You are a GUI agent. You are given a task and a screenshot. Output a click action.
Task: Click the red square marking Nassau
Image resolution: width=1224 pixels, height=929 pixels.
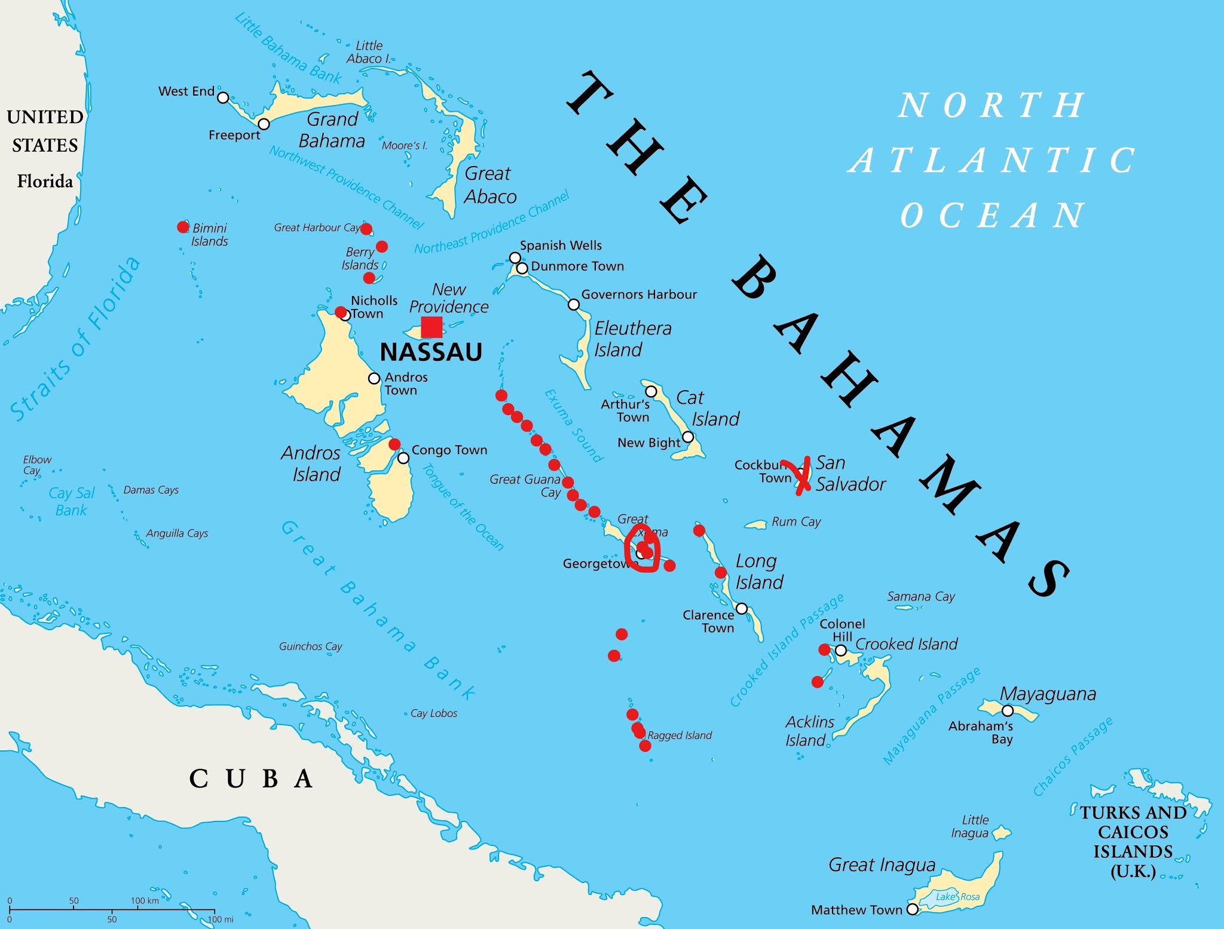432,327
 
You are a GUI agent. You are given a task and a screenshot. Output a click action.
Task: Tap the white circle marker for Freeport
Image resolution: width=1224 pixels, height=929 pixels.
264,124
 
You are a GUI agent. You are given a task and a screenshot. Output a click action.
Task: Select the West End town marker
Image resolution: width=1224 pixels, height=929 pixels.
223,97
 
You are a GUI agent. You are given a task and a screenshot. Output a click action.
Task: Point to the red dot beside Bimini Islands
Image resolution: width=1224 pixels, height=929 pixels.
183,227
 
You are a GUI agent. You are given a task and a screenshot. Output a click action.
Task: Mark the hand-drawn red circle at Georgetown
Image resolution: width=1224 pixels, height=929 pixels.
642,553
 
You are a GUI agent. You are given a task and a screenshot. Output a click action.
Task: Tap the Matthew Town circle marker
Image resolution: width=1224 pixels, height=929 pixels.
912,909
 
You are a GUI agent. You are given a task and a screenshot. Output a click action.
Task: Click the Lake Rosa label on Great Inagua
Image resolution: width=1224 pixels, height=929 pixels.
957,896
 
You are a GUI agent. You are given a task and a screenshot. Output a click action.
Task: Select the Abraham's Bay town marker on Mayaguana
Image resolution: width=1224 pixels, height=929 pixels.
1008,710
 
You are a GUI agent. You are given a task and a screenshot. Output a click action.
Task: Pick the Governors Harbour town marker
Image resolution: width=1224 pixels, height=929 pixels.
573,305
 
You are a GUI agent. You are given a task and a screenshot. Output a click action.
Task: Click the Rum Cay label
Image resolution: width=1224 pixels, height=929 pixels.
796,522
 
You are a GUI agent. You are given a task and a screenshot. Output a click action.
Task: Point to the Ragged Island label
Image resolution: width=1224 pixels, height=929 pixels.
680,735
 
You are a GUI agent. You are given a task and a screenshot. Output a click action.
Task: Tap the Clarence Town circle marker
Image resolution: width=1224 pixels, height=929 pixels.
741,608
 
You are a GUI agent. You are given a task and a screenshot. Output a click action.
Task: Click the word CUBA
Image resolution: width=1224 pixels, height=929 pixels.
251,778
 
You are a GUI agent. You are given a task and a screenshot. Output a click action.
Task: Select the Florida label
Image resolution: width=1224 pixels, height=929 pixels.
45,181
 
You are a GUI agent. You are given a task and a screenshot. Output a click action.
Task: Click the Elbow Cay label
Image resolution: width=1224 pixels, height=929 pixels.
37,465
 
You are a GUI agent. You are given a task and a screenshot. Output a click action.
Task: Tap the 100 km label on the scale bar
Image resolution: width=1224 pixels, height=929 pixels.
145,900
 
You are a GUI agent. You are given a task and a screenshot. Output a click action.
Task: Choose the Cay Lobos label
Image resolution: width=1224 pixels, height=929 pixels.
433,713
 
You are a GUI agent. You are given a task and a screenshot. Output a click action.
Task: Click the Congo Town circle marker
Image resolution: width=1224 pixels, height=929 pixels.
403,458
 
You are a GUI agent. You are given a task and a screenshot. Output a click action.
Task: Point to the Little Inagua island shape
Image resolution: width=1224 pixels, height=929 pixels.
1002,832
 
